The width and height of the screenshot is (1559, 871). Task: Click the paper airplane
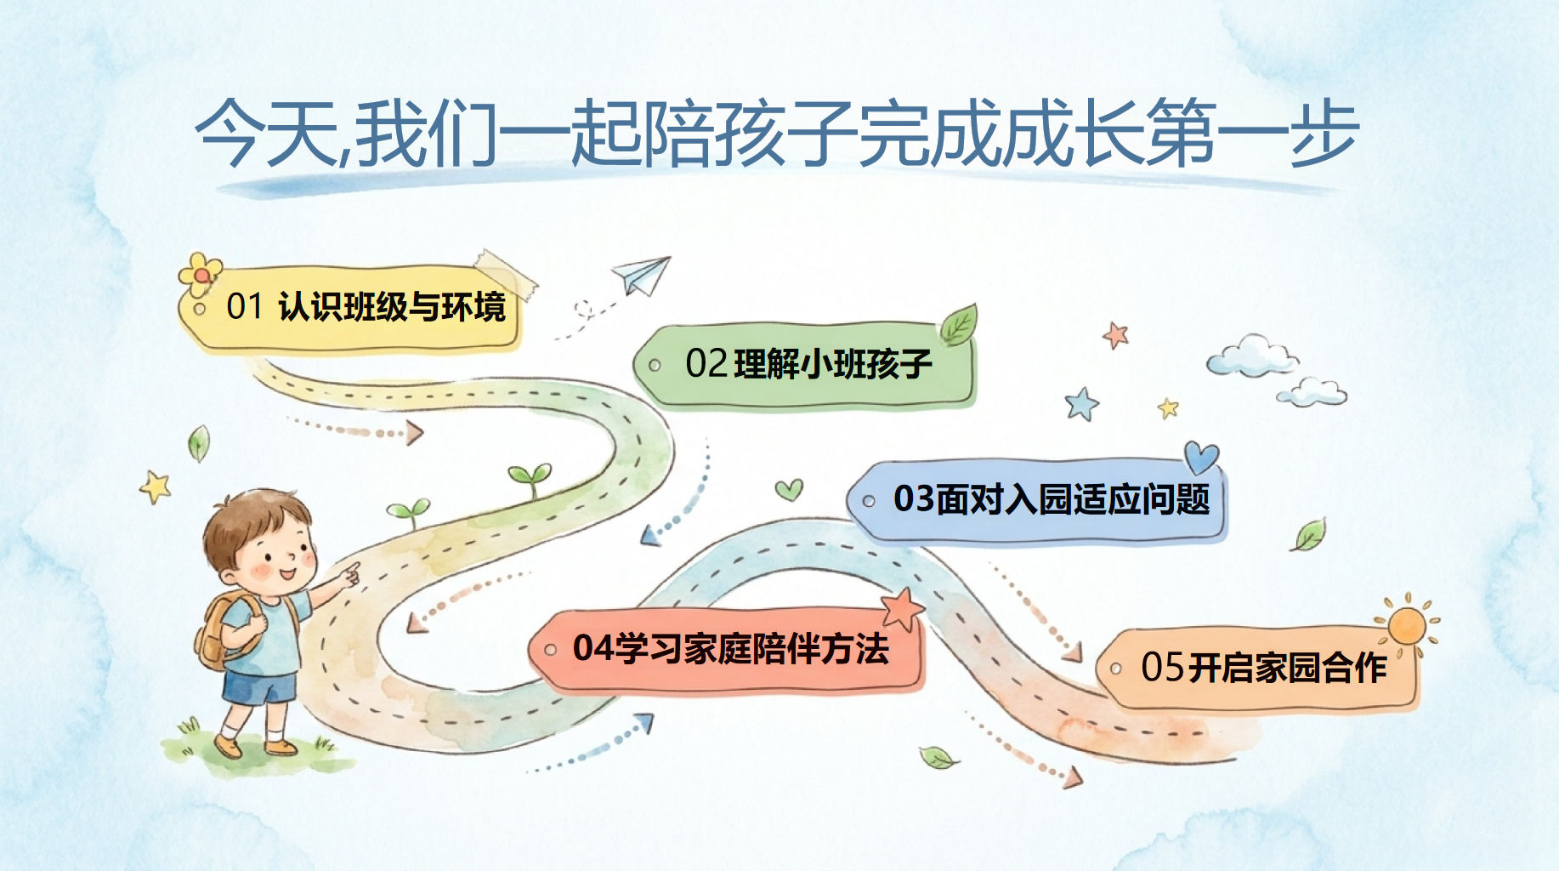point(642,275)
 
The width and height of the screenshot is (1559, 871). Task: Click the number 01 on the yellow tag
point(245,306)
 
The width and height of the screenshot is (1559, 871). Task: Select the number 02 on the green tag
point(706,364)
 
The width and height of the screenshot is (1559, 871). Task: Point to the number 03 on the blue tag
point(914,498)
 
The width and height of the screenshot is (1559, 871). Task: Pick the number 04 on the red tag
point(593,648)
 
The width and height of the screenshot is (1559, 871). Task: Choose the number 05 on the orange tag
point(1163,668)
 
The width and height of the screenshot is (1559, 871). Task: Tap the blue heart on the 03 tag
point(1202,457)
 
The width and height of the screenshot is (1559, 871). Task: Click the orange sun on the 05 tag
point(1407,627)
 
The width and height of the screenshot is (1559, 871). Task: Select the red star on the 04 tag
point(902,609)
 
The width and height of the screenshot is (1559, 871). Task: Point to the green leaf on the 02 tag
point(959,325)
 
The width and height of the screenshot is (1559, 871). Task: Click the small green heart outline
point(789,490)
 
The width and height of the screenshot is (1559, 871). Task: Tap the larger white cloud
point(1251,356)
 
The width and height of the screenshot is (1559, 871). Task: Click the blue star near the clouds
point(1082,404)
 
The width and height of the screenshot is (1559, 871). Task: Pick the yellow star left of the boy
point(156,487)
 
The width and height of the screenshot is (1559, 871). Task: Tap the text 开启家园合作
point(1288,668)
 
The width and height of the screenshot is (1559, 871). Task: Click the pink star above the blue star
point(1116,335)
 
